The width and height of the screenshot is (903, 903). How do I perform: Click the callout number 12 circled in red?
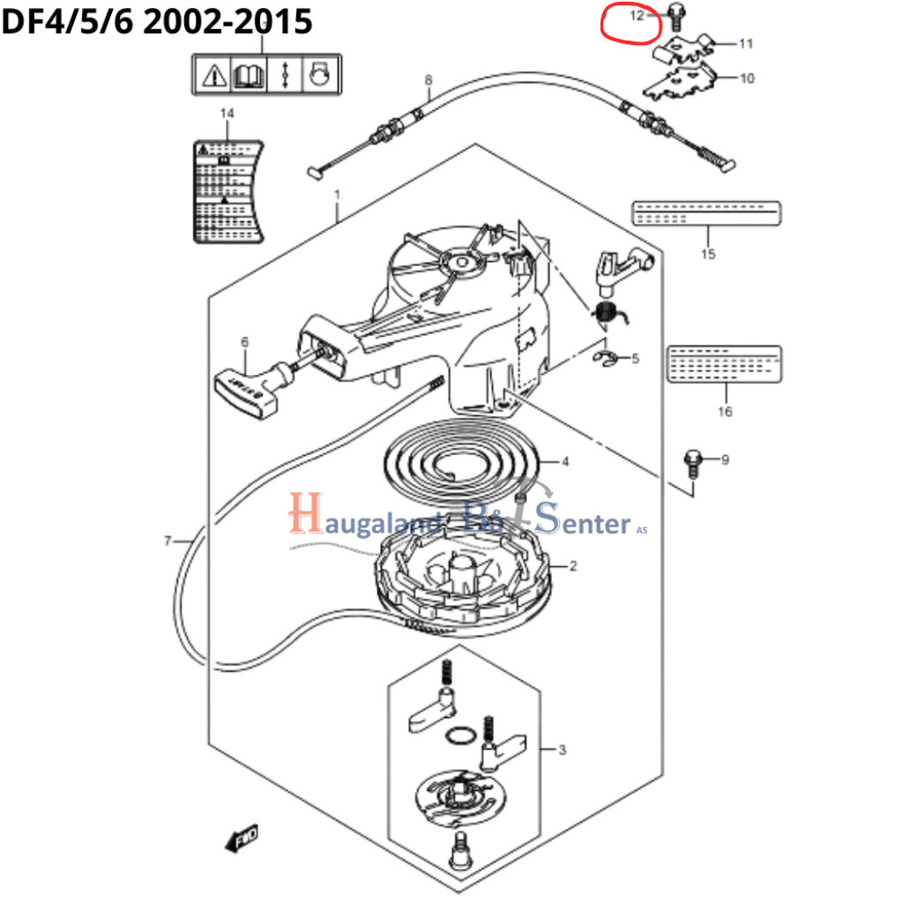(x=637, y=15)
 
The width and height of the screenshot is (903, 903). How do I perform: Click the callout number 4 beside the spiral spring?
(x=565, y=461)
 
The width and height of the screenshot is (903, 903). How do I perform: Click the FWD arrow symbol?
(x=240, y=838)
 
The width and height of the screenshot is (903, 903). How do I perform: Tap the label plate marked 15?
(x=706, y=214)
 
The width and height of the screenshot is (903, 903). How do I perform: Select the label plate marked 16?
(x=724, y=363)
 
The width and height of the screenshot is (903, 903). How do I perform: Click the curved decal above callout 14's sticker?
(x=228, y=189)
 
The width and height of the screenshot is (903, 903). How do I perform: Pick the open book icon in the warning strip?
(x=249, y=75)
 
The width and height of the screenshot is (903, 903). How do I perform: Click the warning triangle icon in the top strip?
(x=213, y=76)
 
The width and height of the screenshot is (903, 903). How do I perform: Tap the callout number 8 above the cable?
(x=429, y=81)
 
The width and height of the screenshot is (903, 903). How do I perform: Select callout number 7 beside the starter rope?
(x=168, y=541)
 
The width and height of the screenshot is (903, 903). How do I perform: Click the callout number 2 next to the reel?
(x=573, y=565)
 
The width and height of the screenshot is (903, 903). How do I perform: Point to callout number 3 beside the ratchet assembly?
(x=562, y=750)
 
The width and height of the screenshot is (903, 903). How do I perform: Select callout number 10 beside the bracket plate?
(x=747, y=78)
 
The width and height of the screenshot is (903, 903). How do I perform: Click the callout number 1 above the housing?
(x=336, y=193)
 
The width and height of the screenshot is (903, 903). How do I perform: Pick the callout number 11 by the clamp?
(x=746, y=42)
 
